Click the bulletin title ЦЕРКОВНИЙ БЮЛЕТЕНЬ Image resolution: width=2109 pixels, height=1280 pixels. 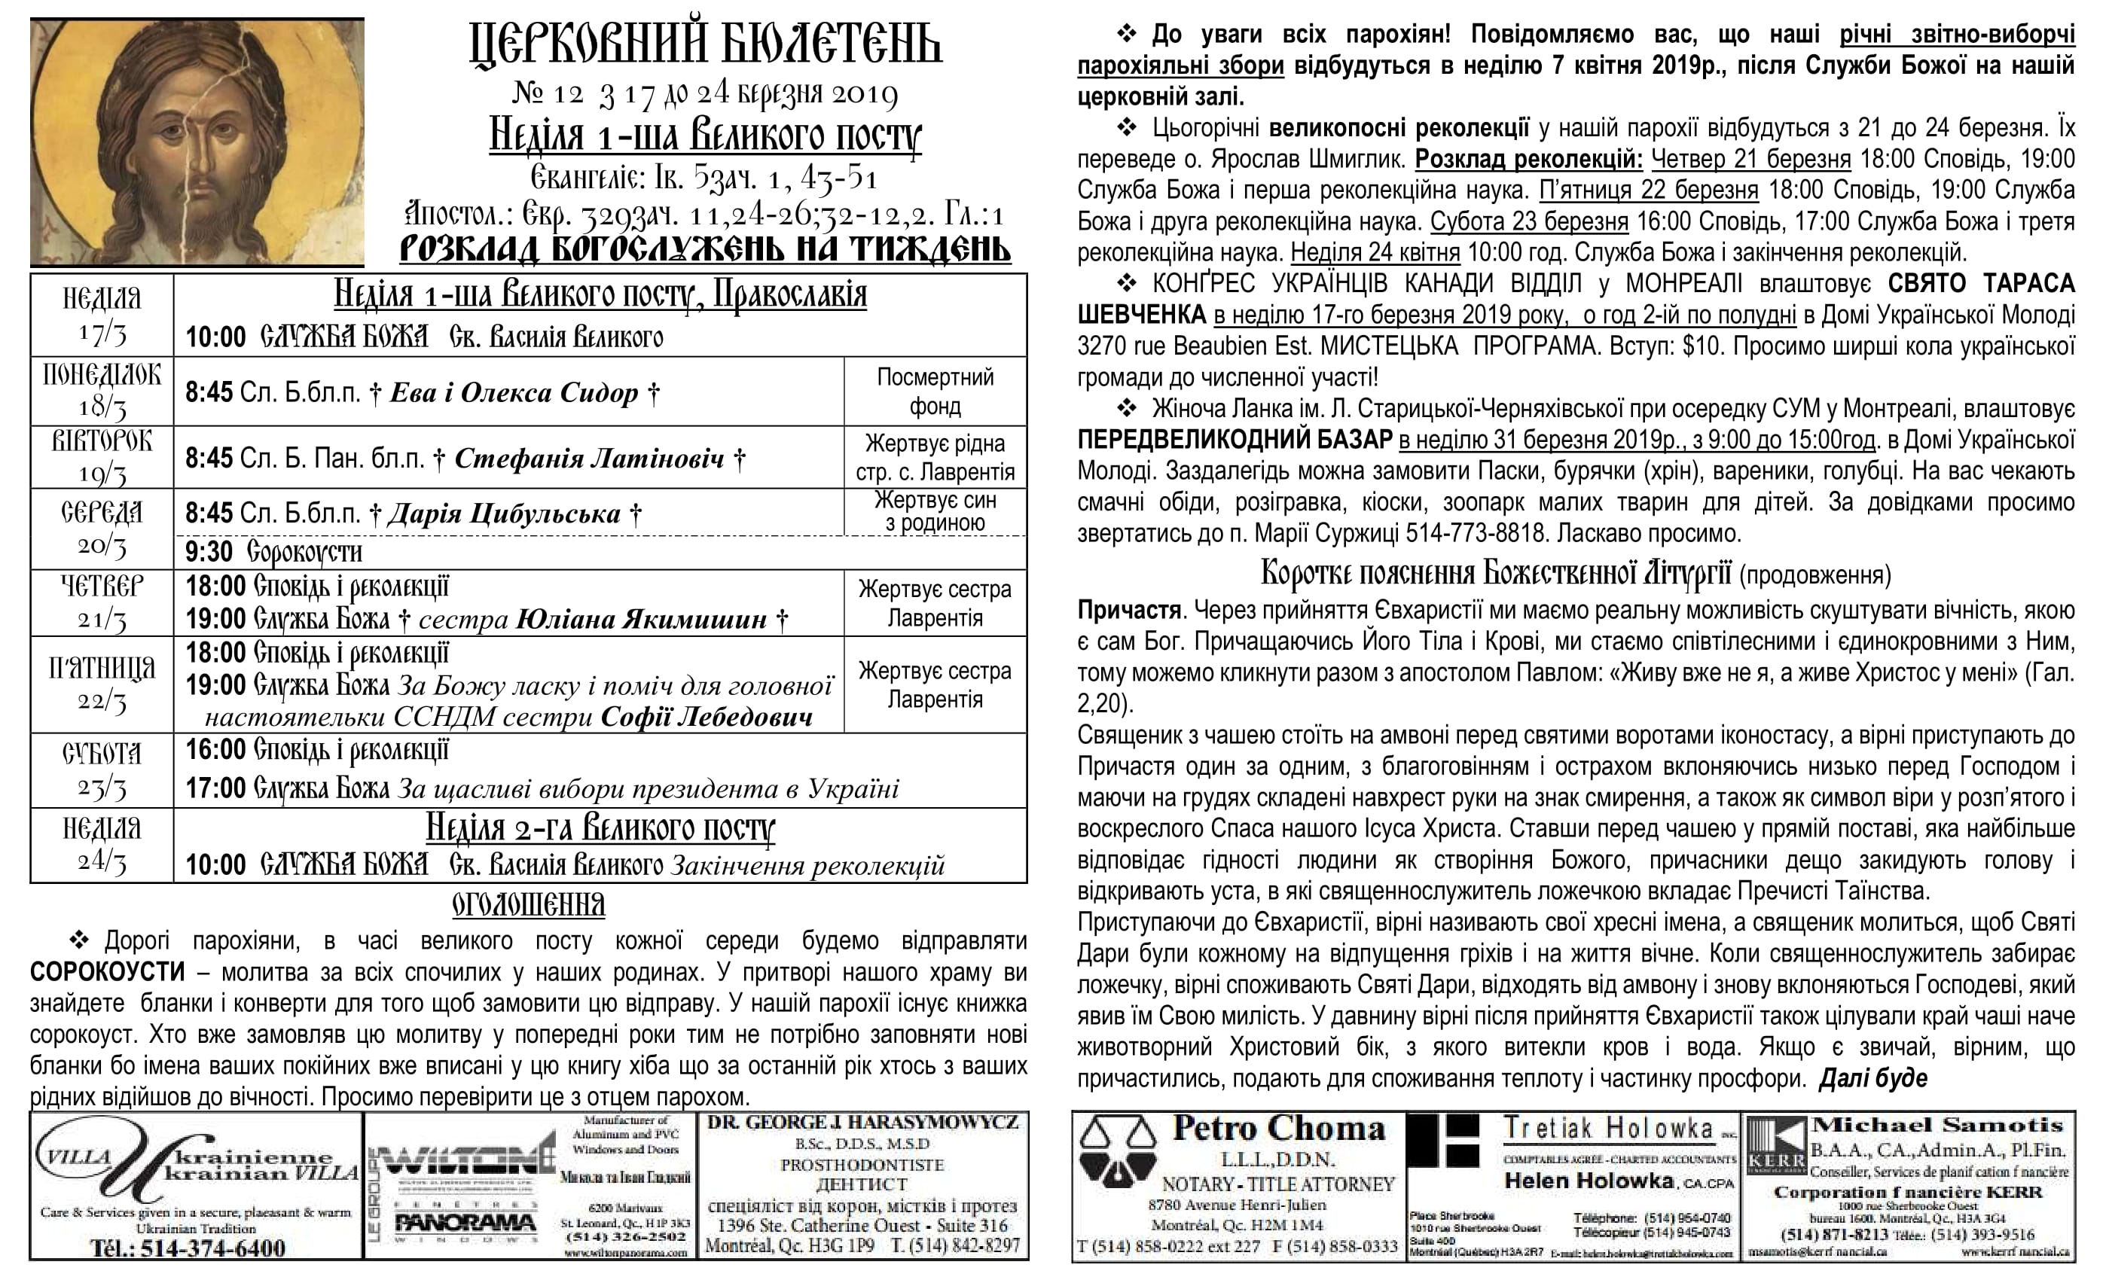(x=707, y=45)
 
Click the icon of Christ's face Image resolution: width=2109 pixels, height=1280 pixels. (x=197, y=142)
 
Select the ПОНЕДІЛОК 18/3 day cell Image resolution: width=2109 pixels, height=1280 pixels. (x=102, y=391)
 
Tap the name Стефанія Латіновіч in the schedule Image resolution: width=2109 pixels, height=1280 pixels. (x=589, y=459)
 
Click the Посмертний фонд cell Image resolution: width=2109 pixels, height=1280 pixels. (x=935, y=391)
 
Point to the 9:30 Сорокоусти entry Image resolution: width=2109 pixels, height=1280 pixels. (x=274, y=553)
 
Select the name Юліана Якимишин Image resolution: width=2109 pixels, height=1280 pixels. (x=642, y=619)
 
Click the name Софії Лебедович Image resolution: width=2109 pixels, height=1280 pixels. (x=707, y=717)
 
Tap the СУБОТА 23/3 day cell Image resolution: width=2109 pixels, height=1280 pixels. (x=102, y=770)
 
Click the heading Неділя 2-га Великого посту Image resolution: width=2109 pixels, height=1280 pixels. (x=600, y=827)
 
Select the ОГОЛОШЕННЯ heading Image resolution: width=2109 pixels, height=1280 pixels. (x=528, y=904)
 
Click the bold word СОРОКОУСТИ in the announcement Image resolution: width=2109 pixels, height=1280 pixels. (x=107, y=973)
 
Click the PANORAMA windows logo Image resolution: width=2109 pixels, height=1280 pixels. (x=465, y=1224)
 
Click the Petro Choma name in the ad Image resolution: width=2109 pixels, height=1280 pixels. (x=1279, y=1129)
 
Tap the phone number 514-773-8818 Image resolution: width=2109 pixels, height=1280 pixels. (x=1478, y=533)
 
